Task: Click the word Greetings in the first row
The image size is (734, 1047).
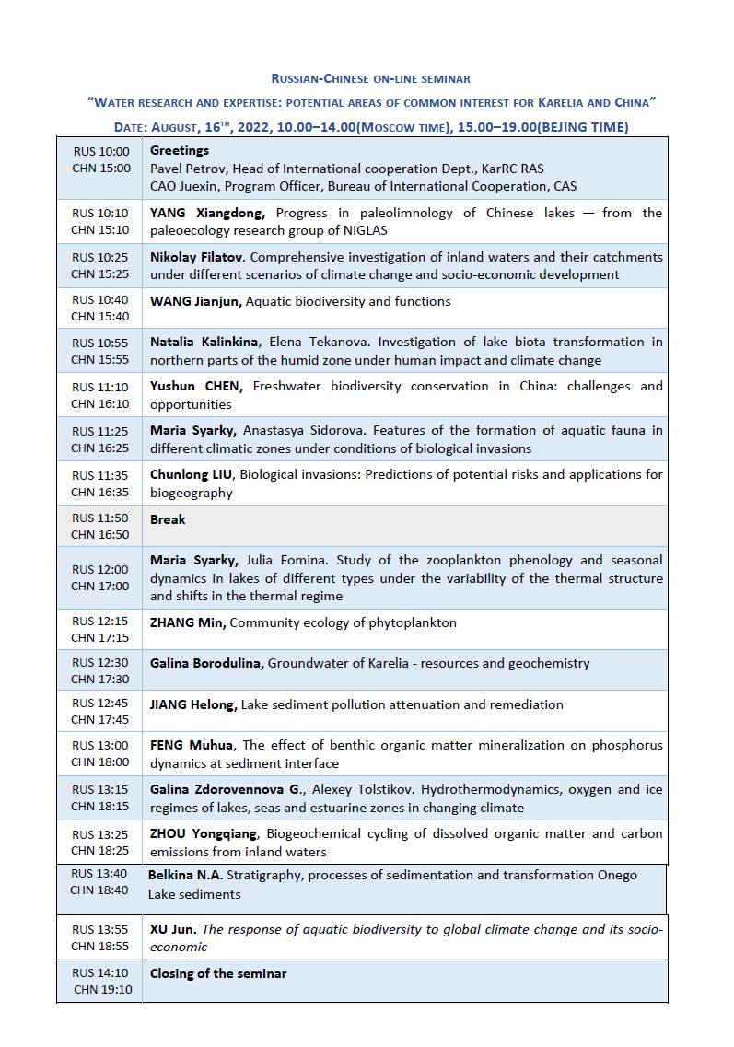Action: click(x=180, y=150)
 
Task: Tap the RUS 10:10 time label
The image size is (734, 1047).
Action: click(x=100, y=213)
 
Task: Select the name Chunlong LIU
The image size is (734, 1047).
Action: click(x=188, y=474)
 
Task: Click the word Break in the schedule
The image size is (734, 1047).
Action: click(x=168, y=519)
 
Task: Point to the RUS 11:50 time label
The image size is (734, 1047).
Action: click(x=100, y=519)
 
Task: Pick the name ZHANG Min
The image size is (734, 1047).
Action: click(x=188, y=622)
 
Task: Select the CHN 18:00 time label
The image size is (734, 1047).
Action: click(x=100, y=762)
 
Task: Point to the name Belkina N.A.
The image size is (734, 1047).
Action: click(x=184, y=875)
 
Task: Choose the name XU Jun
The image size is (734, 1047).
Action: click(x=172, y=929)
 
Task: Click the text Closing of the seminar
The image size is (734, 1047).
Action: click(x=218, y=973)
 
